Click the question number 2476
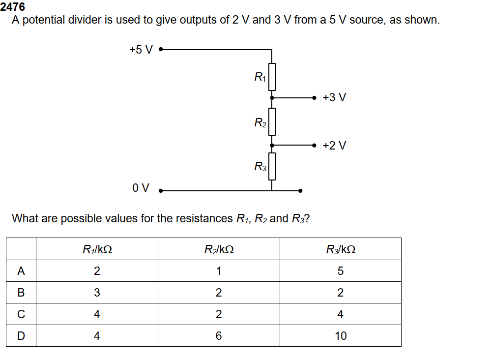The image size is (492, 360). (13, 7)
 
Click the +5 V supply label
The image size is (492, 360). (141, 50)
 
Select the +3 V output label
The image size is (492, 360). (334, 97)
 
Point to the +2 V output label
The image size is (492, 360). (334, 146)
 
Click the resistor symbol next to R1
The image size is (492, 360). (272, 77)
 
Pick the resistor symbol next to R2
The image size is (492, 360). (272, 121)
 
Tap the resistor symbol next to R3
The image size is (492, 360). (272, 166)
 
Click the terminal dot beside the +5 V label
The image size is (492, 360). (160, 50)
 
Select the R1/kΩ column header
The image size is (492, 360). (97, 249)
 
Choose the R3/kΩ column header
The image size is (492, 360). (341, 249)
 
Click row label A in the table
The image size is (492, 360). (21, 271)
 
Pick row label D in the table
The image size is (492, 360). (21, 336)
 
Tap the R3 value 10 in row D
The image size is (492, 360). (341, 336)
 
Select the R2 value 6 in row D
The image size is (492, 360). (219, 336)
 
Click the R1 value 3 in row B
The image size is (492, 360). (97, 293)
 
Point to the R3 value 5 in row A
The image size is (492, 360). (341, 271)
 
